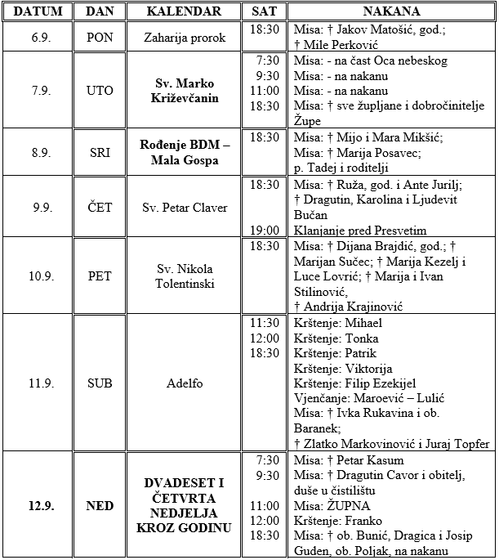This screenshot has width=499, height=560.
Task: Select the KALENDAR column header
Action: [x=185, y=11]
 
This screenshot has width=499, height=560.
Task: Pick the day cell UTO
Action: [x=100, y=90]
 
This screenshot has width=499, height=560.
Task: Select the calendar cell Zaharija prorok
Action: [x=185, y=37]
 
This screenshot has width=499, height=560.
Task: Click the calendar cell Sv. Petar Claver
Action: [x=185, y=207]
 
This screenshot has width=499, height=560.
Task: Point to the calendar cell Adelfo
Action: [x=185, y=383]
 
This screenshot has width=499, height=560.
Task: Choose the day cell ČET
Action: [x=100, y=207]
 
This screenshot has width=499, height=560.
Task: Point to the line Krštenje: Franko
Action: [x=332, y=520]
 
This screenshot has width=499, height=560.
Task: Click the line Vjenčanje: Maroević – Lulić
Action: [x=368, y=398]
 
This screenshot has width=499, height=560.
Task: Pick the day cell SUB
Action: [x=100, y=383]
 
